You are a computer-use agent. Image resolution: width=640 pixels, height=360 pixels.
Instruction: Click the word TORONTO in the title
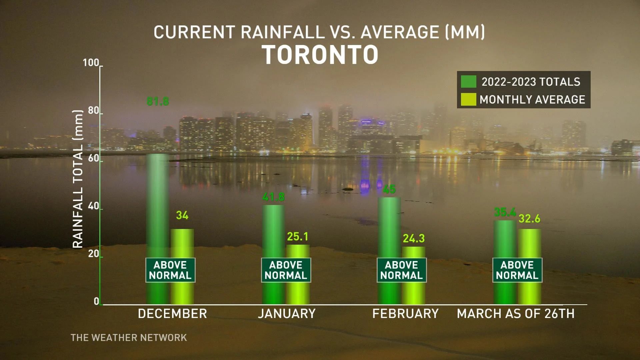[320, 55]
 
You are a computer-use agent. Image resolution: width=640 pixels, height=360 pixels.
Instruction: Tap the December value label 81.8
[158, 101]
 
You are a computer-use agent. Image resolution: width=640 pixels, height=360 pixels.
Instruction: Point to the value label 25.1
[298, 237]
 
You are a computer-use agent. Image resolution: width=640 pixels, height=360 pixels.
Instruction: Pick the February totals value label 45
[389, 189]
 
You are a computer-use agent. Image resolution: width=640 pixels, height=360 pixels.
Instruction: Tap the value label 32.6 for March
[529, 219]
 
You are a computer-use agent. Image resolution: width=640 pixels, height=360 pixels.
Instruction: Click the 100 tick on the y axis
[91, 63]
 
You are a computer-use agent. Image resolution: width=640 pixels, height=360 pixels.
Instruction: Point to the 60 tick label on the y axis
[94, 158]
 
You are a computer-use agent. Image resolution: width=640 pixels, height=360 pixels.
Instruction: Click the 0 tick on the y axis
[96, 301]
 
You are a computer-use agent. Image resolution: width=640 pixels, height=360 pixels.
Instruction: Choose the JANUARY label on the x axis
[287, 314]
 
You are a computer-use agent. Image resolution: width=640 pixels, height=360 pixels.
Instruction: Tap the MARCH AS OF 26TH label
[516, 314]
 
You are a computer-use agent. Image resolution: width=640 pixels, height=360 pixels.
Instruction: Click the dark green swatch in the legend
[468, 82]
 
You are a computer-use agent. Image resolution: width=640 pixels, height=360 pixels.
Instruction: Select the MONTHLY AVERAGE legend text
[532, 100]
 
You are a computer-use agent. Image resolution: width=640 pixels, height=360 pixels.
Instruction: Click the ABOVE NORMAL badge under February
[402, 270]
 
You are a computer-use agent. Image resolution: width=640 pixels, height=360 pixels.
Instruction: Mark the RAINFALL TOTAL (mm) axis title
[78, 179]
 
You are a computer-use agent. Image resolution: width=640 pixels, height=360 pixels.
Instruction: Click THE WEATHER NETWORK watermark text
[129, 338]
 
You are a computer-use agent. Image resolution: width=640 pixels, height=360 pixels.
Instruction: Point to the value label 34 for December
[182, 215]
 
